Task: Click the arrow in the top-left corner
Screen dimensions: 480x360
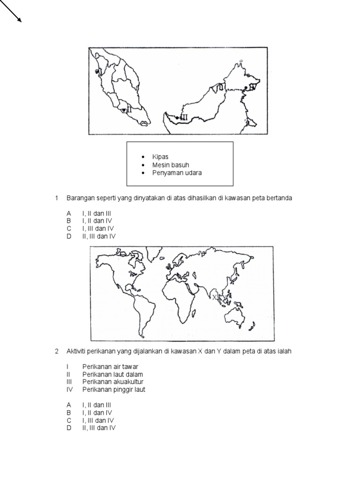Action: point(11,11)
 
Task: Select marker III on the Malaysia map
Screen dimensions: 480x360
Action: point(183,118)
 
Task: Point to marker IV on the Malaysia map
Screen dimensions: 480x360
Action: point(252,87)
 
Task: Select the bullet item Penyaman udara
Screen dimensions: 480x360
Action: point(177,173)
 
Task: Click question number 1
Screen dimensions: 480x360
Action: point(56,198)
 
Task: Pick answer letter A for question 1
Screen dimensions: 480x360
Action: point(68,213)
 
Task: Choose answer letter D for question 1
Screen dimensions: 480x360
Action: point(68,236)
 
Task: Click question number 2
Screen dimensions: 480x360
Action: point(56,351)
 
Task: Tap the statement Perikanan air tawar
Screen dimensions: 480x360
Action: point(110,366)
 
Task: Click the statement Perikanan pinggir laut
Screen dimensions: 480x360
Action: point(114,390)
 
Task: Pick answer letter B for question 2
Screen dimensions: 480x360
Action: point(68,412)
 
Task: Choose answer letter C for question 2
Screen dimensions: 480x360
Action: point(68,420)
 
